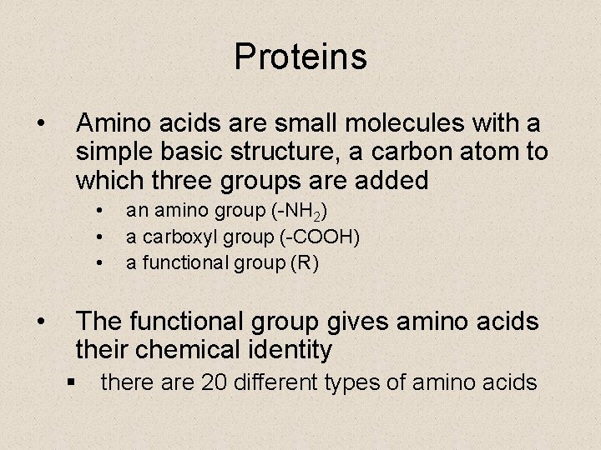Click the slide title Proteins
coord(300,57)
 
